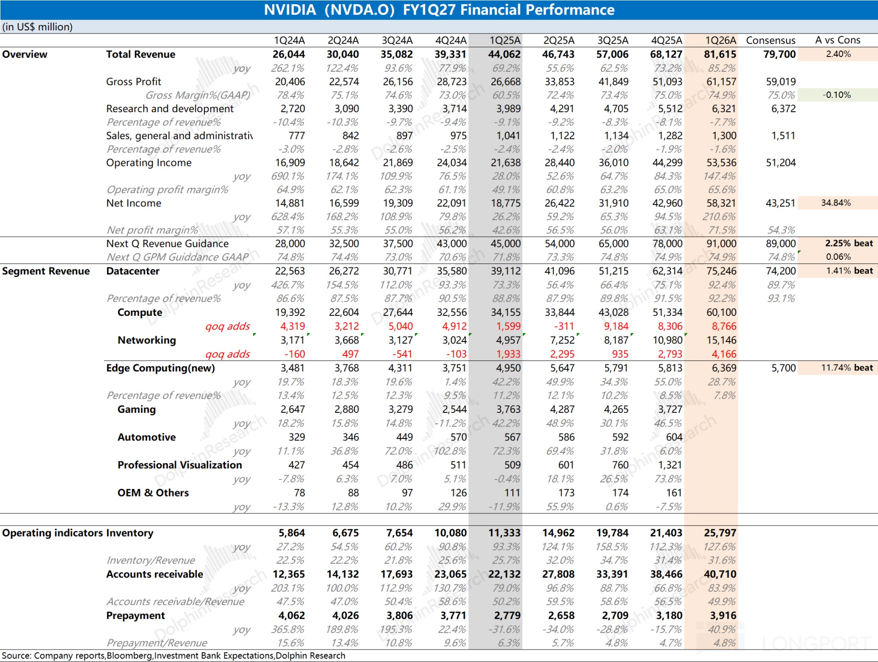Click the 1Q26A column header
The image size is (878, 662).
pos(720,40)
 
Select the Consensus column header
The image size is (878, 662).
pos(770,40)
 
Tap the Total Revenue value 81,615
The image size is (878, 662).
pos(720,54)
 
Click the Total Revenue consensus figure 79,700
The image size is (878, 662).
pos(779,54)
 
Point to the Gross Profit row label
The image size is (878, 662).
pos(134,81)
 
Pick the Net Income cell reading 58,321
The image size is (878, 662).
pos(721,203)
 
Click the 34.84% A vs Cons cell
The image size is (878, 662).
pos(836,203)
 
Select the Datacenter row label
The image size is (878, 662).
pos(133,271)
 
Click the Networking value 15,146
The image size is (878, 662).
pos(721,340)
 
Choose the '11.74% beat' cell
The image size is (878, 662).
pos(847,368)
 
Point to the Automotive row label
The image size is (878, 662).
pos(147,437)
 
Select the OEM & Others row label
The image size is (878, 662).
pos(153,493)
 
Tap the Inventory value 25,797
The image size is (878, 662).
pos(720,533)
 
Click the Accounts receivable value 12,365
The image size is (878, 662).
pos(289,574)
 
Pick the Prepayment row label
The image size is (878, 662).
pos(135,616)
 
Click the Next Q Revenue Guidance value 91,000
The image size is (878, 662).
pos(721,244)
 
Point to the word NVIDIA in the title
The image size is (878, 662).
pos(290,10)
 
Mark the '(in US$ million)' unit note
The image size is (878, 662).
pos(37,27)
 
